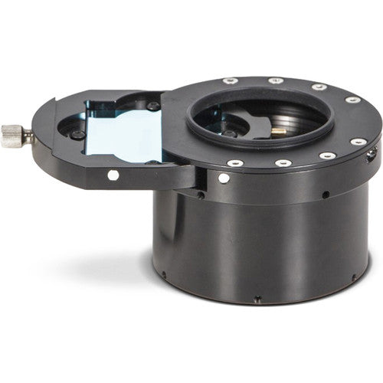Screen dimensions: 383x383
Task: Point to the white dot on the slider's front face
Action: pos(113,175)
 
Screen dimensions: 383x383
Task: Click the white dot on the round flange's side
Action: pos(223,178)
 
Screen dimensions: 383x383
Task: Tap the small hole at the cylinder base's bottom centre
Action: pos(257,299)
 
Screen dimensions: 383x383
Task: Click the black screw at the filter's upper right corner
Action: pos(153,106)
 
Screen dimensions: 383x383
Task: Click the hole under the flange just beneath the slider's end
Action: pos(201,195)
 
